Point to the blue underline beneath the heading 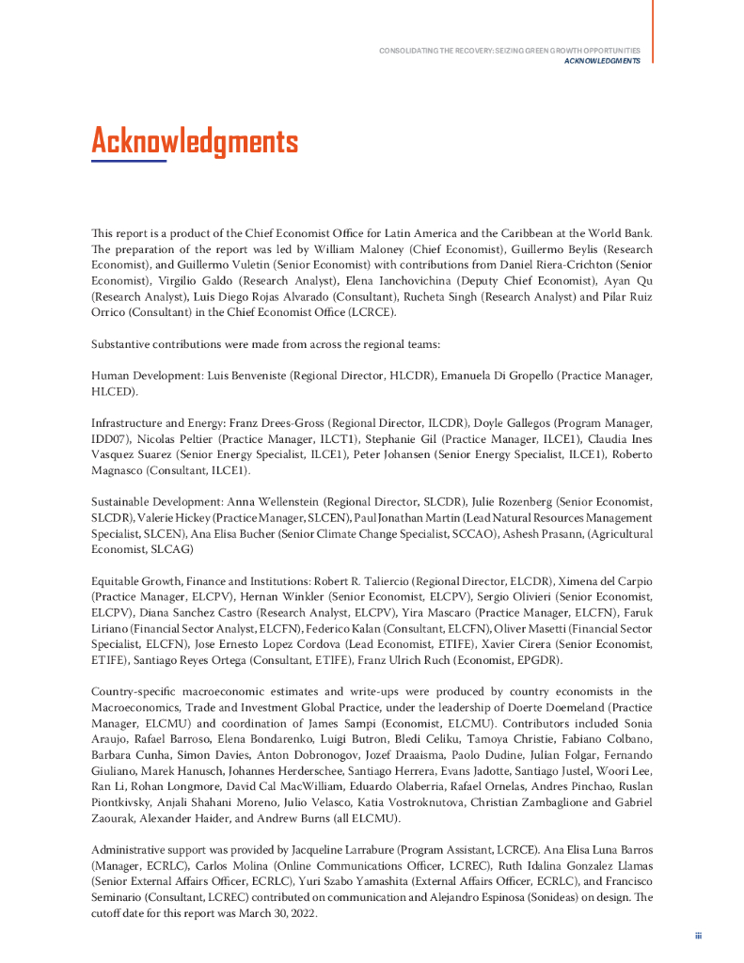pyautogui.click(x=128, y=161)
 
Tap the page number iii pyautogui.click(x=698, y=936)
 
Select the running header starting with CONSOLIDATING pyautogui.click(x=509, y=50)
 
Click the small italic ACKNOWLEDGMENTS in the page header pyautogui.click(x=602, y=60)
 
